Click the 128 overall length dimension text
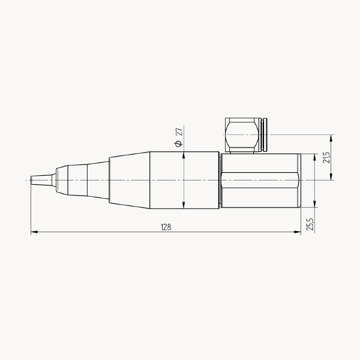[166, 227]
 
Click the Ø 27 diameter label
[179, 137]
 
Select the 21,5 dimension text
[326, 157]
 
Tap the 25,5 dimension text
[310, 224]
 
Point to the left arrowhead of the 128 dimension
[34, 232]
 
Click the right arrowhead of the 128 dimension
[298, 232]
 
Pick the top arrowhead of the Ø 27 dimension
[184, 155]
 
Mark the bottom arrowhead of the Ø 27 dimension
[184, 205]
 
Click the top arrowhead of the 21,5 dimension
[331, 138]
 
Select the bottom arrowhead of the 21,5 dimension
[331, 176]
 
